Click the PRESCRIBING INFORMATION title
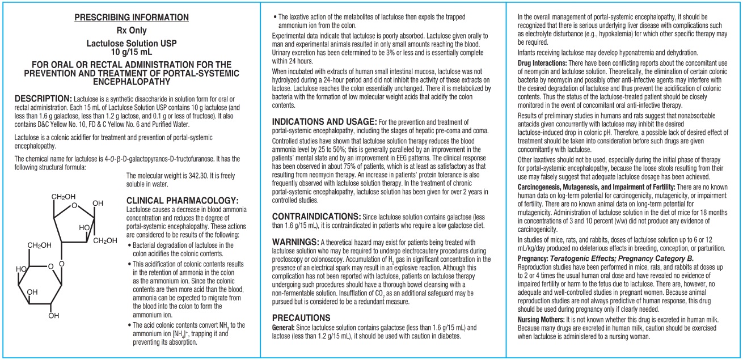point(132,18)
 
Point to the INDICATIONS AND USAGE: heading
point(324,122)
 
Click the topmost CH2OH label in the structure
point(63,197)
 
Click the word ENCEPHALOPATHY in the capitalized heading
point(132,82)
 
